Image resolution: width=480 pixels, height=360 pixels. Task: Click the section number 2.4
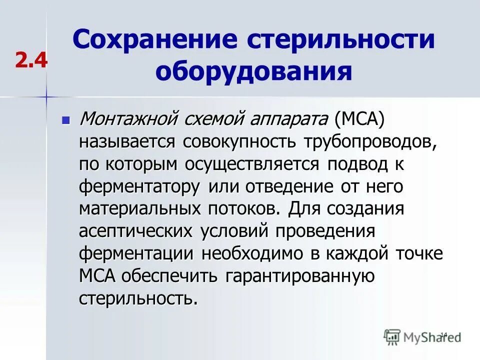[x=31, y=60]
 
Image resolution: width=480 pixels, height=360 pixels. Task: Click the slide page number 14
[x=443, y=334]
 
